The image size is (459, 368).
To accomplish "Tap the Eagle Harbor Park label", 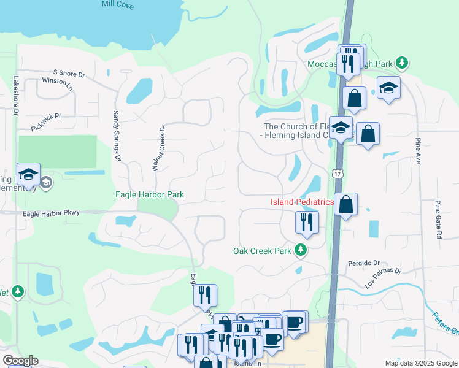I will pyautogui.click(x=150, y=194).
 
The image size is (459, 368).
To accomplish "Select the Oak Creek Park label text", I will pyautogui.click(x=261, y=251).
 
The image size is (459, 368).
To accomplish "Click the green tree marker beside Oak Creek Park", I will pyautogui.click(x=300, y=250).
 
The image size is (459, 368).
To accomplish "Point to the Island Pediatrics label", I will pyautogui.click(x=302, y=202).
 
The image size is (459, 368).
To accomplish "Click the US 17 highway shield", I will pyautogui.click(x=338, y=175).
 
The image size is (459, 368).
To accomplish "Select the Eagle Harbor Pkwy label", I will pyautogui.click(x=51, y=213).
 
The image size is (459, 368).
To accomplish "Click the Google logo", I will pyautogui.click(x=20, y=361).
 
